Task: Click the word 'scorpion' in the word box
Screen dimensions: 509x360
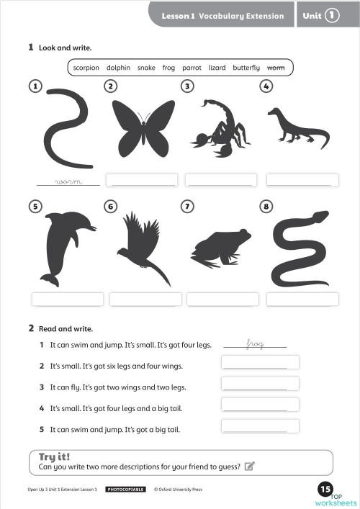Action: click(86, 68)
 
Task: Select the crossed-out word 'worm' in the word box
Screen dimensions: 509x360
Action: click(276, 68)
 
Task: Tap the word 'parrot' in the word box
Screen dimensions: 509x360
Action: click(192, 68)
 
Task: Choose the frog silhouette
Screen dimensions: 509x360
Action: click(220, 248)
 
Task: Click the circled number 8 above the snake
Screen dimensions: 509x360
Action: click(266, 207)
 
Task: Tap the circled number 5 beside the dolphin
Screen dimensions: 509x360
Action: click(35, 207)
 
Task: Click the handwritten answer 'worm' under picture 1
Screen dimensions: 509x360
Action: click(68, 181)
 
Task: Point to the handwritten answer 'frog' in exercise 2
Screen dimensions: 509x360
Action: click(256, 344)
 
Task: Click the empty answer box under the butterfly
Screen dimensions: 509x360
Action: click(141, 180)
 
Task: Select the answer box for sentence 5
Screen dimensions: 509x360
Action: click(260, 426)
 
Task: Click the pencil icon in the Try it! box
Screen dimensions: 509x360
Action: click(250, 466)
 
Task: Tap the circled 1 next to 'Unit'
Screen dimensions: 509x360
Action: click(332, 14)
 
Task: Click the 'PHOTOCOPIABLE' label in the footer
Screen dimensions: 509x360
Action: click(126, 490)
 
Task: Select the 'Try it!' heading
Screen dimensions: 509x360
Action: click(54, 456)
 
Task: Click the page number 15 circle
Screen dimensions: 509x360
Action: click(324, 490)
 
